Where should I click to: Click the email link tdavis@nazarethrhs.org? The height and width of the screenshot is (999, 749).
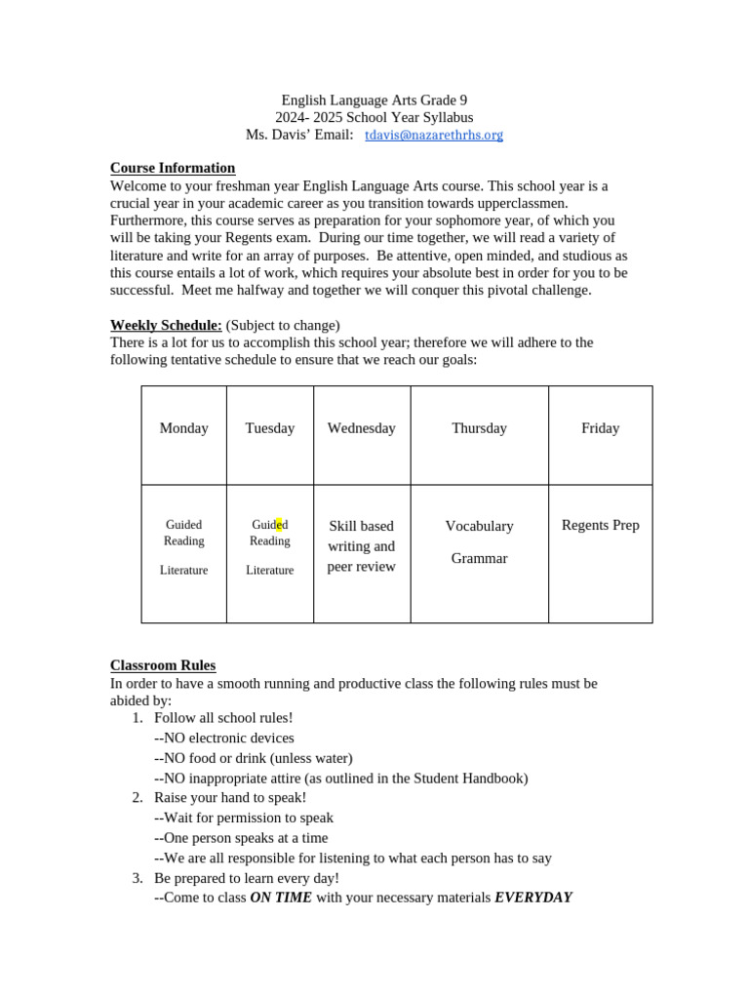tap(434, 135)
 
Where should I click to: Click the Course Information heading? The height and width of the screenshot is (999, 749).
tap(173, 168)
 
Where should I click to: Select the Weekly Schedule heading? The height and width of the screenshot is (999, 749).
tap(166, 325)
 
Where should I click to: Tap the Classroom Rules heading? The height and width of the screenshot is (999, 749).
tap(163, 665)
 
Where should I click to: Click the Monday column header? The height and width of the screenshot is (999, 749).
tap(183, 428)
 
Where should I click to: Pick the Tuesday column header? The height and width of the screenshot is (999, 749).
tap(270, 428)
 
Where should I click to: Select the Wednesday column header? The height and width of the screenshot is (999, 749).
tap(362, 428)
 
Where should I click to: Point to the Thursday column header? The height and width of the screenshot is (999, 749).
tap(479, 428)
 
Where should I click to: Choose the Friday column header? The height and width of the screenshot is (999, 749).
tap(600, 428)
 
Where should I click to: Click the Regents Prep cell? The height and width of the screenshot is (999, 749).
tap(600, 525)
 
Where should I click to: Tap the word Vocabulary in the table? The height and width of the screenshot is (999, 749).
tap(479, 526)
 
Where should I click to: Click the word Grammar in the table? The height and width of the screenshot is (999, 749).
tap(479, 559)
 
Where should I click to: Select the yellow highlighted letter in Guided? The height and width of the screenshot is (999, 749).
tap(279, 525)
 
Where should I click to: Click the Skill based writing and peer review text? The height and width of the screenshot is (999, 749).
tap(362, 546)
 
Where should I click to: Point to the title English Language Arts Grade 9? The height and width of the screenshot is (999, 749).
tap(374, 100)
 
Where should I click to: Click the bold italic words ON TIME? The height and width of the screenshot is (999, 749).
tap(281, 898)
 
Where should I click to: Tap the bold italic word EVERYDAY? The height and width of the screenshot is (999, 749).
tap(532, 898)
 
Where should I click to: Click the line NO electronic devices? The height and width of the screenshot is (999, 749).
tap(224, 738)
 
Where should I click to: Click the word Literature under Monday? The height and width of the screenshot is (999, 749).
tap(183, 570)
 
